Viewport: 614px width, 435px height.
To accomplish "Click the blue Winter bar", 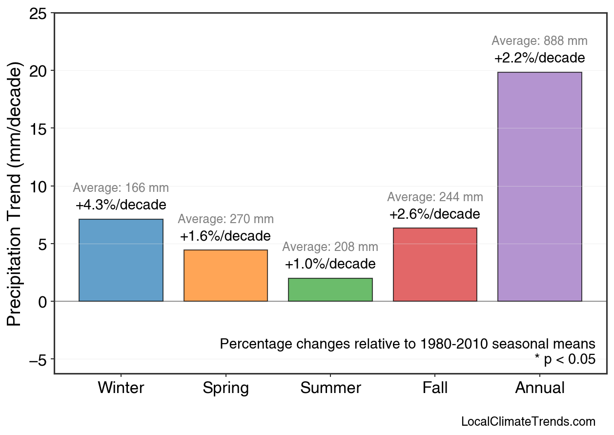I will point(121,260).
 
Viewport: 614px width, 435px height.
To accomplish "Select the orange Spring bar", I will point(225,276).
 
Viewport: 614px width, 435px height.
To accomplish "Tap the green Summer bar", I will point(330,290).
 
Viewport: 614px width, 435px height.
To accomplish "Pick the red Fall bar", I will point(435,265).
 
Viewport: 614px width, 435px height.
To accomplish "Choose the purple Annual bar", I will point(539,187).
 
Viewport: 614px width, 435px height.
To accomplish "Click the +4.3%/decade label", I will point(121,205).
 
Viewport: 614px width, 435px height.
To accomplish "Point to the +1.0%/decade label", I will point(330,264).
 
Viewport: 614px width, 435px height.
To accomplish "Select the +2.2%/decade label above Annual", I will point(539,58).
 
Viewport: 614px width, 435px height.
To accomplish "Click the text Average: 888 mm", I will point(539,41).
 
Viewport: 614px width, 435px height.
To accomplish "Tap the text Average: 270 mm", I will point(225,220).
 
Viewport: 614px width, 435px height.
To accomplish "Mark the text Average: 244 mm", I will point(435,197).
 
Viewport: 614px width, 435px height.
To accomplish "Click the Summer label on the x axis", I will point(330,388).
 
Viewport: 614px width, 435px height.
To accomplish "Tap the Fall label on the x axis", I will point(435,388).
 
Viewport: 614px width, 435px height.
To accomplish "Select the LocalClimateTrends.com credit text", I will point(528,422).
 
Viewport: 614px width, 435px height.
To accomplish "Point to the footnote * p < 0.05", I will point(565,360).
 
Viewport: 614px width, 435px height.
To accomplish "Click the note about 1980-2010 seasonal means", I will point(408,344).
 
